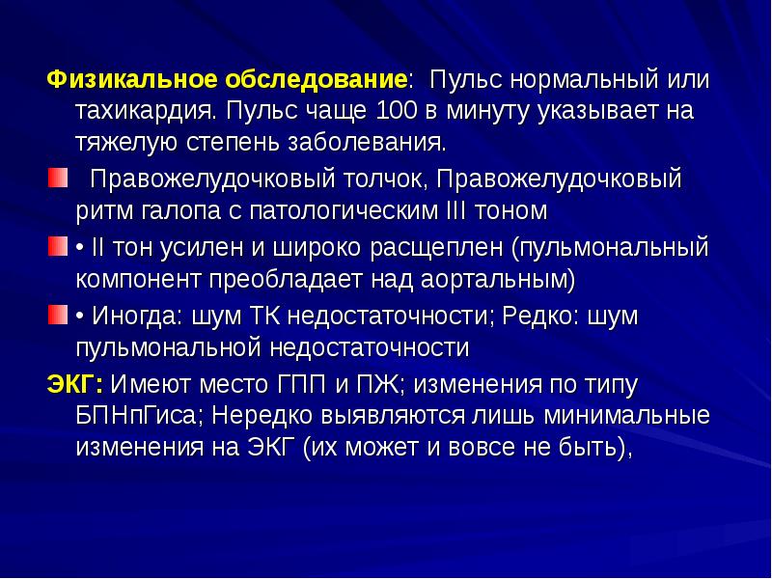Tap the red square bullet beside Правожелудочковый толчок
(56, 178)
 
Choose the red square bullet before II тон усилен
(56, 246)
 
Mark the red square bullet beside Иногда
(56, 315)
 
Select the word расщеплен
(447, 246)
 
